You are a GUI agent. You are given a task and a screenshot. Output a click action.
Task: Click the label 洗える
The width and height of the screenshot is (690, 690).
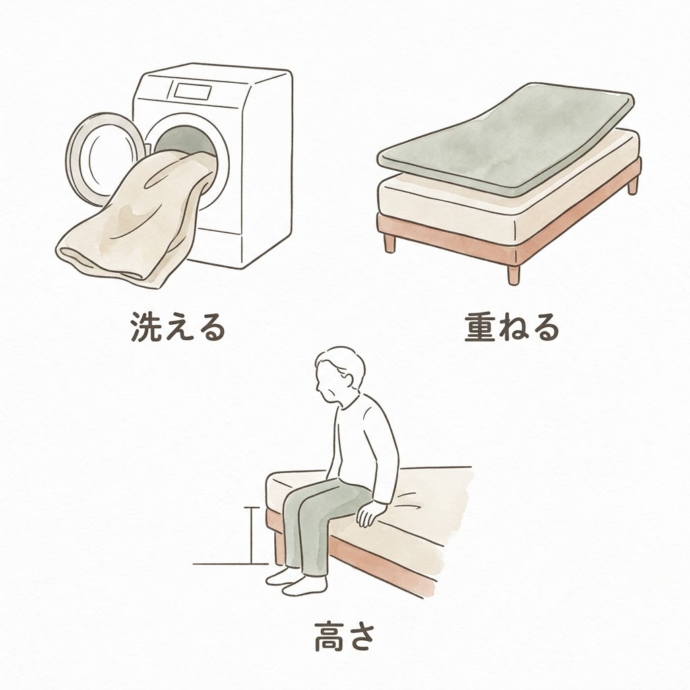point(178,327)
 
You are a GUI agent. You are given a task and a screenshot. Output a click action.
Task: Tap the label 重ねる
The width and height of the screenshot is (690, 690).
point(512,327)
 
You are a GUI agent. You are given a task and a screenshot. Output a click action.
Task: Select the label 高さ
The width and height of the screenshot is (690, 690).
point(344,637)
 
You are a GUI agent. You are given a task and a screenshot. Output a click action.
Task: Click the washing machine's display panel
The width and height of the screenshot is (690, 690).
point(192,91)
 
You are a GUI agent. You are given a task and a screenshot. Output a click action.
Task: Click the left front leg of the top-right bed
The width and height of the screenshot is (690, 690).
point(389,243)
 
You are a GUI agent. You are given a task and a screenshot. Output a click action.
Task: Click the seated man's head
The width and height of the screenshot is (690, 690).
point(340,373)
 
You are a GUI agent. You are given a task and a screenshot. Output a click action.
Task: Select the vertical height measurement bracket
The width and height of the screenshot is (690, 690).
point(251,535)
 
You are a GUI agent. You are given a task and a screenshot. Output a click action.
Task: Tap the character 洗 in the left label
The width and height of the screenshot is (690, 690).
point(146,327)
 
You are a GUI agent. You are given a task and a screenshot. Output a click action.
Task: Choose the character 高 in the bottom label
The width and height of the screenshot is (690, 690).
point(329,637)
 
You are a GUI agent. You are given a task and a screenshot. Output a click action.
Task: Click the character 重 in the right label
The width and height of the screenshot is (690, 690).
point(480,327)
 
